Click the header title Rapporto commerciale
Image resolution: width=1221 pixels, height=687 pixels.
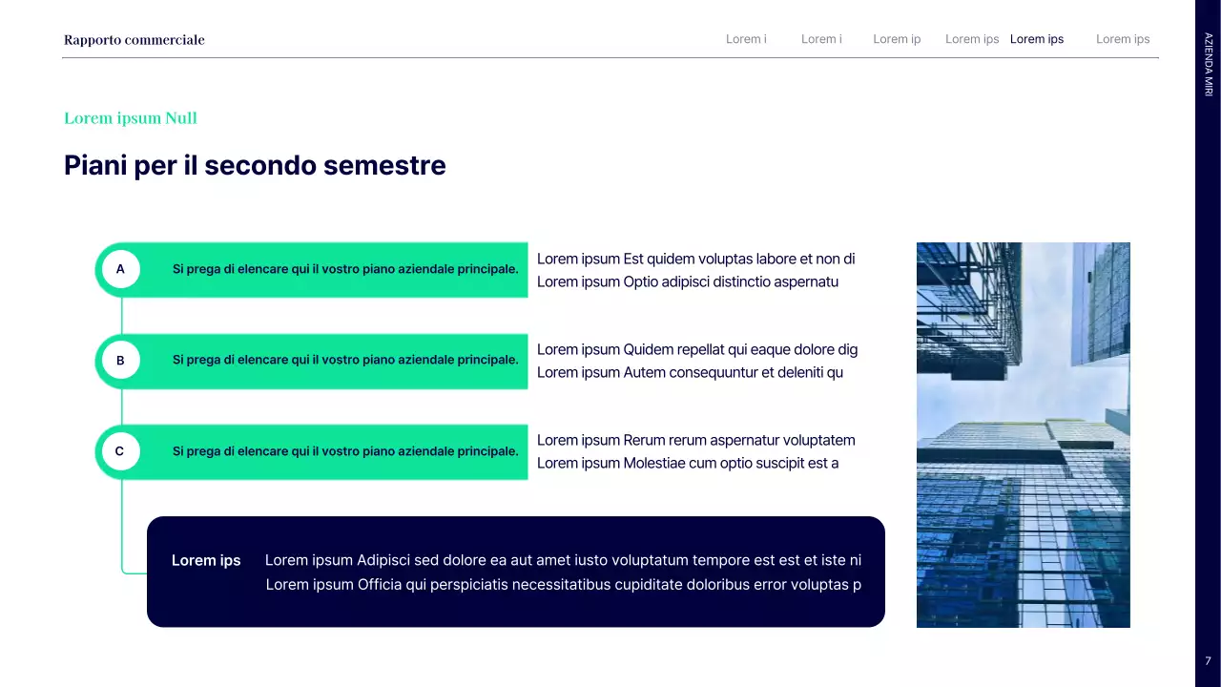pos(135,40)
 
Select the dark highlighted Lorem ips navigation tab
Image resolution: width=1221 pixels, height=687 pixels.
pos(1036,39)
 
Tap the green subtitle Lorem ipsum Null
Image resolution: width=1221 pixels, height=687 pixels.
pos(131,118)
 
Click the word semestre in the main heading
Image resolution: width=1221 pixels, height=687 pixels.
pos(384,166)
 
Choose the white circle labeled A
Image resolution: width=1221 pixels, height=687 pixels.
pos(120,270)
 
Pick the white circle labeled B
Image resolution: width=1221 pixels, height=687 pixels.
pos(120,361)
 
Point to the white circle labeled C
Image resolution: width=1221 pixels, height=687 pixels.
pos(120,451)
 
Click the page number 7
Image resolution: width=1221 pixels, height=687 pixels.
pos(1208,660)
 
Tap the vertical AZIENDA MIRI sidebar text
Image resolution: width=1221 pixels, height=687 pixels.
pos(1208,64)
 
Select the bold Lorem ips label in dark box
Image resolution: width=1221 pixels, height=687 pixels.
pos(206,561)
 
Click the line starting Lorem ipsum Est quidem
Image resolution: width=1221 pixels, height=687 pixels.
pos(695,259)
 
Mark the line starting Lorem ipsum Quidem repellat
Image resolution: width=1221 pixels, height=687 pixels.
pos(697,349)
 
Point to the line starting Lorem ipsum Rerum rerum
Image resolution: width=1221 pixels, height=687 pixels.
pos(695,440)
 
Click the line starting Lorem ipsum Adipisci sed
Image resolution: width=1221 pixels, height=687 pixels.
pos(563,561)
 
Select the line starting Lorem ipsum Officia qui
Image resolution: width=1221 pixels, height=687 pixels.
pos(563,584)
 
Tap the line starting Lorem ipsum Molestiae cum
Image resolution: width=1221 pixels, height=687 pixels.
pos(688,463)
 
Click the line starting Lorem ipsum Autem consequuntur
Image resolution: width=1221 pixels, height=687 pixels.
pos(690,372)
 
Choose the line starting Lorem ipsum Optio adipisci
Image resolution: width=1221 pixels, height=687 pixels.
pos(688,281)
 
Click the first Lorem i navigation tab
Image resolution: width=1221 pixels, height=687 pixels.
pos(746,39)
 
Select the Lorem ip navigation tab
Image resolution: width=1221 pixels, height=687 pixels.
pos(897,39)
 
